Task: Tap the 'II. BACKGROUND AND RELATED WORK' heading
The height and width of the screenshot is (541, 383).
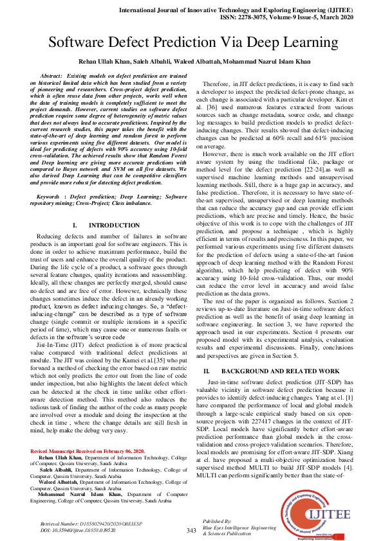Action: pos(271,371)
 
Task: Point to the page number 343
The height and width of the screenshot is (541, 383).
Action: pos(191,531)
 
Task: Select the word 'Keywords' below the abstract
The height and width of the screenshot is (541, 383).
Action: pos(52,177)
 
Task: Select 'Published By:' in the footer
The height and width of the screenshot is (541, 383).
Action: pos(217,521)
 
